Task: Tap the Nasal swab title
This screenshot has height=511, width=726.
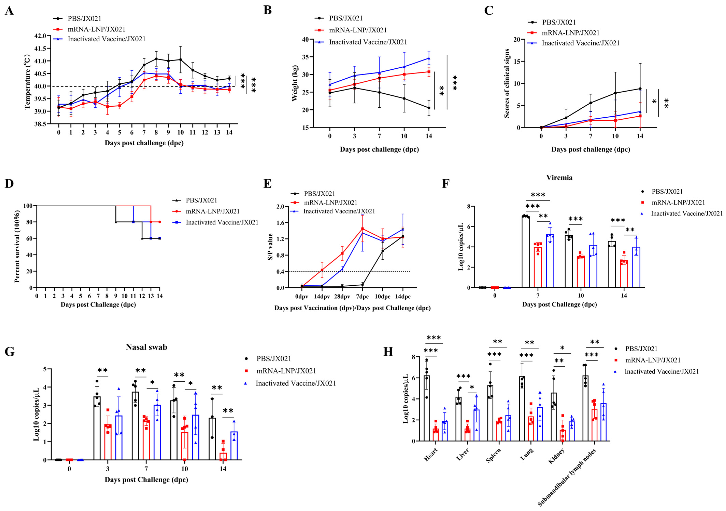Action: [146, 347]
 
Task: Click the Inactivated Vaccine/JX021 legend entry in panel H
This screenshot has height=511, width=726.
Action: [662, 371]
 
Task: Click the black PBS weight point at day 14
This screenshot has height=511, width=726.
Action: [429, 108]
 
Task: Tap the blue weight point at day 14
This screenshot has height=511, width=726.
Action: [429, 58]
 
